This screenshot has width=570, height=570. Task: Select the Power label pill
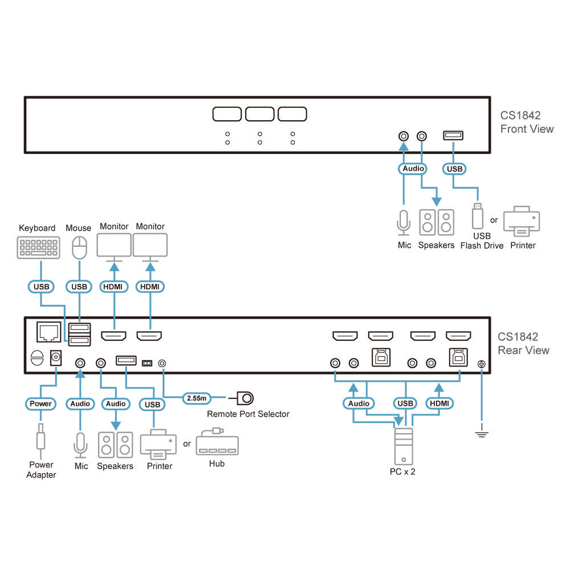click(x=40, y=404)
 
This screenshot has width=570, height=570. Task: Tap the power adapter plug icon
click(x=40, y=439)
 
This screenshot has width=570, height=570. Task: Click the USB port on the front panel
click(x=453, y=136)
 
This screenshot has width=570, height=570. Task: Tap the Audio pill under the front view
click(x=413, y=169)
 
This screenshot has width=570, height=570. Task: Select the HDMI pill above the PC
click(x=439, y=404)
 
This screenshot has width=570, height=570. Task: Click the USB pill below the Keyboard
click(x=41, y=286)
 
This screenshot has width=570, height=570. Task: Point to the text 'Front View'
click(x=527, y=129)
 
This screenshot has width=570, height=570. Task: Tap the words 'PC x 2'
click(x=402, y=472)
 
